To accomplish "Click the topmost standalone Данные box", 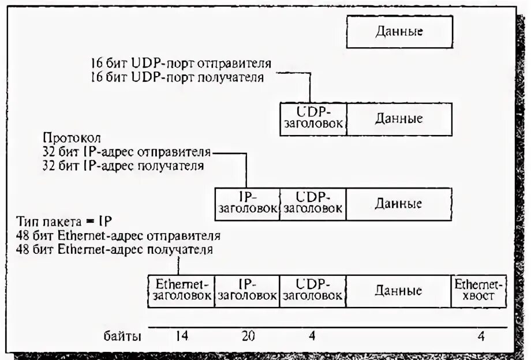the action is tap(399, 31).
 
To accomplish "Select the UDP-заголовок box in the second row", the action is tap(313, 118).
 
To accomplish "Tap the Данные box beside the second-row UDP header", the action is tap(399, 118).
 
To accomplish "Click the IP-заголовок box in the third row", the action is tap(247, 204).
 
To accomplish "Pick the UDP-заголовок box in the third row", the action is tap(313, 204).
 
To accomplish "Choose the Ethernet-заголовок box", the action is tap(181, 290).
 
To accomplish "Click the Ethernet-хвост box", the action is tap(478, 290).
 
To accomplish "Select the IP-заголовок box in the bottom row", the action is tap(247, 290).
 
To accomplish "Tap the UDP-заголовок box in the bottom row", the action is tap(313, 290).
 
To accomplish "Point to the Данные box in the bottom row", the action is tap(398, 290).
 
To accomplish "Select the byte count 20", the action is tap(248, 336).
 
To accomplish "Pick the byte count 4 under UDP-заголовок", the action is tap(312, 336).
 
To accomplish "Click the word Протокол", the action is tap(72, 139).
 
